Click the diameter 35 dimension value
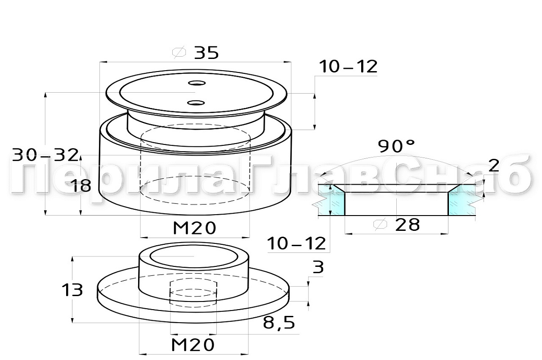click(206, 53)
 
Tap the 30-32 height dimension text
click(45, 155)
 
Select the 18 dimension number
click(82, 186)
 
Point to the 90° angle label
click(396, 146)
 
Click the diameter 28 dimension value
click(407, 225)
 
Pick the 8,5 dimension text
click(279, 323)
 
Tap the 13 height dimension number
click(72, 290)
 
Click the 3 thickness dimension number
click(318, 267)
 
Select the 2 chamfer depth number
click(494, 166)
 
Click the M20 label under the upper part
click(195, 228)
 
